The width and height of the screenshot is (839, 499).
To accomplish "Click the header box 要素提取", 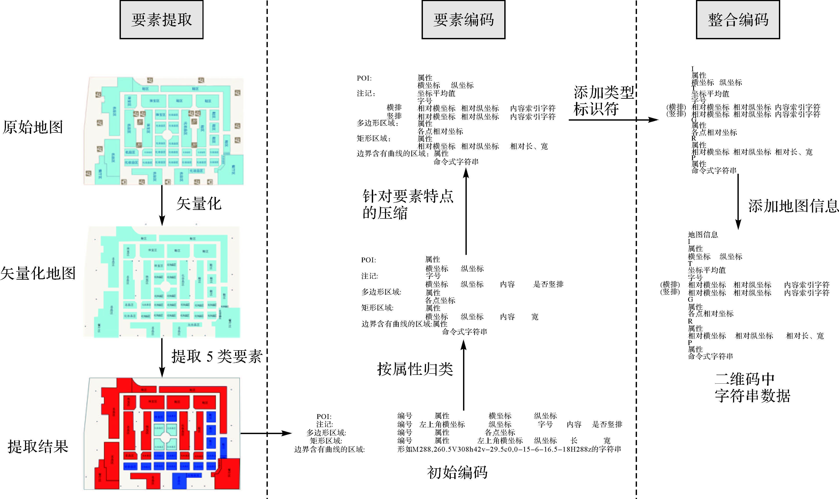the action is [x=161, y=20].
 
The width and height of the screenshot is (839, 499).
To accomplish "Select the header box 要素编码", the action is [x=463, y=20].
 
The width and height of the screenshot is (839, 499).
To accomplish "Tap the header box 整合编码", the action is [x=738, y=20].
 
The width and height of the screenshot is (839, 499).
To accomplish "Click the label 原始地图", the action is [x=33, y=127].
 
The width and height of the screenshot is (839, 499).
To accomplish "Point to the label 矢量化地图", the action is [x=38, y=273].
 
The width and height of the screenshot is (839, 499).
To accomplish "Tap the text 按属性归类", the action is [x=415, y=369].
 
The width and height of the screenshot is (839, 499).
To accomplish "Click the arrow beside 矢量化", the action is [x=162, y=205].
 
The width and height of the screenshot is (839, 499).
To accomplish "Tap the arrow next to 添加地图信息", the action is [x=738, y=202].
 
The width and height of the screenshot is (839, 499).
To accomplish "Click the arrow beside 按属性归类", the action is [x=463, y=375].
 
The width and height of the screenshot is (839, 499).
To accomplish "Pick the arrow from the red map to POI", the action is [x=266, y=433].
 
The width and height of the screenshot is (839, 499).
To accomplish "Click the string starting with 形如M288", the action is [x=509, y=449].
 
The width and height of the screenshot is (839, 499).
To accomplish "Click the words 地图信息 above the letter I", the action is [x=703, y=234].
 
